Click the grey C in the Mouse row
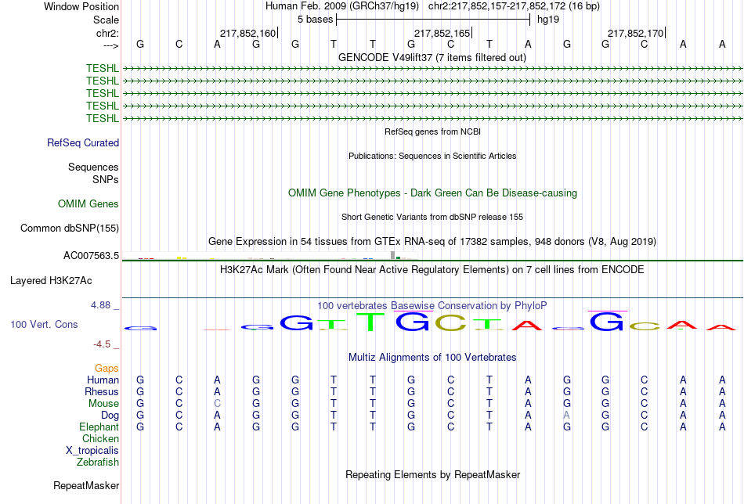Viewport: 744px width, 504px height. (x=217, y=404)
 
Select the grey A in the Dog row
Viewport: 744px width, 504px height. (x=566, y=416)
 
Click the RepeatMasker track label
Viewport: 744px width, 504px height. (x=86, y=485)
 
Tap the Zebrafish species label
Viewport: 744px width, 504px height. (x=98, y=463)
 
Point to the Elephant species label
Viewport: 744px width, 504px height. (x=99, y=427)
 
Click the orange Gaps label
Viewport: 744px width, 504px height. (x=107, y=369)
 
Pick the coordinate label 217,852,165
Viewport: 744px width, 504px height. (x=442, y=33)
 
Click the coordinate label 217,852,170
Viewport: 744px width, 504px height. (x=635, y=33)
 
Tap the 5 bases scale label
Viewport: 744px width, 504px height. (x=315, y=20)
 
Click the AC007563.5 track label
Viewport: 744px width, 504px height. (x=91, y=256)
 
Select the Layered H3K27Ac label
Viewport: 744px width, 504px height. (x=51, y=281)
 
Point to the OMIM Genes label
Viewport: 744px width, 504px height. (x=88, y=204)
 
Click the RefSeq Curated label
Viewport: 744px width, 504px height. (x=83, y=142)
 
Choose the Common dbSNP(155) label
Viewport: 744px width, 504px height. (x=70, y=228)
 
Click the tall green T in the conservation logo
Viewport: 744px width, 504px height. (x=373, y=322)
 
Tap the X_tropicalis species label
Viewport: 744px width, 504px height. (x=92, y=451)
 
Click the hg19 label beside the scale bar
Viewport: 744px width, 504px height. (x=548, y=20)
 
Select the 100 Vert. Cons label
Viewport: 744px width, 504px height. (x=44, y=324)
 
